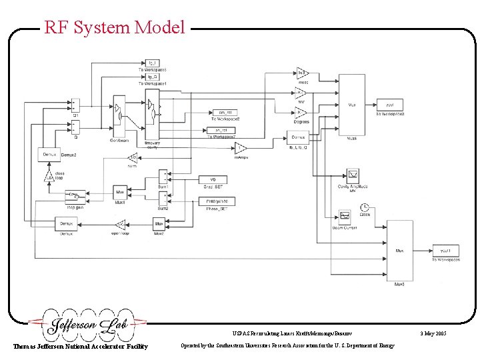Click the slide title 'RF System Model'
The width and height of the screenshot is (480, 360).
[114, 27]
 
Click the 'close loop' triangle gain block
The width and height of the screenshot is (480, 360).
[49, 177]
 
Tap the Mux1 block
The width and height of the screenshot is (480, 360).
[121, 191]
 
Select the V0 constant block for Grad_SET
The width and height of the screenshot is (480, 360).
[213, 179]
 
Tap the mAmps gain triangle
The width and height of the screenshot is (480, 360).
[241, 147]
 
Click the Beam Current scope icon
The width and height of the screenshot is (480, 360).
[345, 216]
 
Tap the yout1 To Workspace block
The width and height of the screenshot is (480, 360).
[445, 251]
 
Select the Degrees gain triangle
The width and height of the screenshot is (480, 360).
[301, 113]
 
